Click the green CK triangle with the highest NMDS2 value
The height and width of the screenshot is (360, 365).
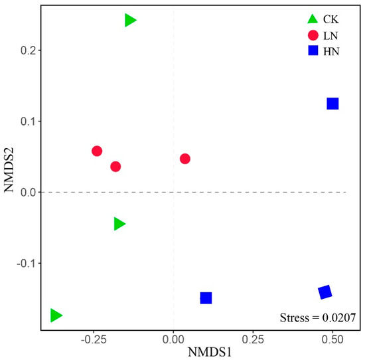[x=130, y=21]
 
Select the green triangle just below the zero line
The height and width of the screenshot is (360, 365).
[x=119, y=224]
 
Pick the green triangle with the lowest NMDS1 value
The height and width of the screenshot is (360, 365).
[x=56, y=315]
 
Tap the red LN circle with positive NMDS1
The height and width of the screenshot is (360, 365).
[x=185, y=159]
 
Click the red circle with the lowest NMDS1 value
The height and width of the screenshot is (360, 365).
[x=97, y=151]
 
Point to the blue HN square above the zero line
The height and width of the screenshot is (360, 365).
[x=332, y=104]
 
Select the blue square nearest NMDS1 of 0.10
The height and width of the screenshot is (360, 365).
[x=206, y=298]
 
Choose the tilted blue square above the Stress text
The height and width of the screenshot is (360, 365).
[x=325, y=292]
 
